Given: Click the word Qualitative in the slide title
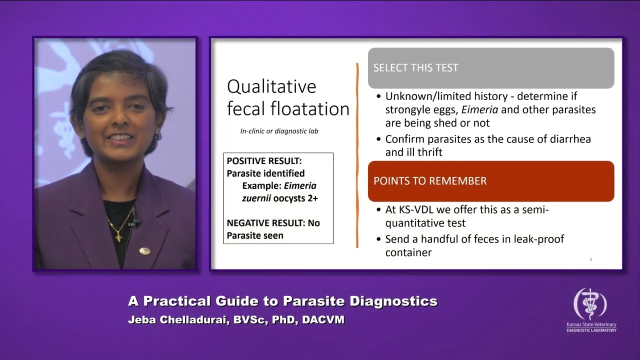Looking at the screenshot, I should coord(271,86).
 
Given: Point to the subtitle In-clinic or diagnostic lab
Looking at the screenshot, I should coord(279,131).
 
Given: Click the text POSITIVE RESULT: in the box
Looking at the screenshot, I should coord(264,161).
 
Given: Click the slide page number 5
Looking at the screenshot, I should coord(590,259).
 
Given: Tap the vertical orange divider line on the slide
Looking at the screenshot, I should coord(357,155).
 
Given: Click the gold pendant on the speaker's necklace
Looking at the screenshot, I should coord(118,234).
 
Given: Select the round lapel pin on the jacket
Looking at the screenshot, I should coord(144,251).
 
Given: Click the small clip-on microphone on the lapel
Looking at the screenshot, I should coord(134,222).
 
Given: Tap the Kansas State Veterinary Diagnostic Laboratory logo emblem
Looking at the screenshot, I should coord(590,304).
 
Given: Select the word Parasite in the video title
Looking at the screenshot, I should coord(313,301).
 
